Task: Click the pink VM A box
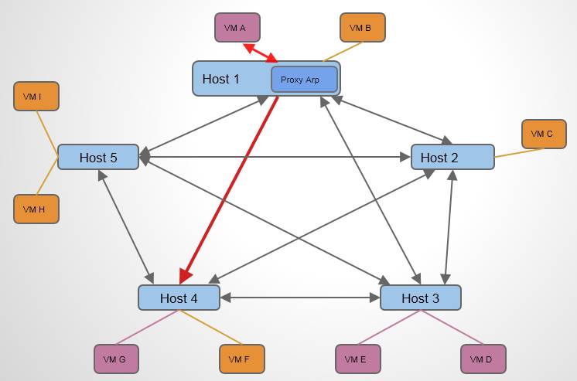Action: pos(237,28)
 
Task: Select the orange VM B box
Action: pos(362,28)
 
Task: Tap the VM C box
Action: pos(544,134)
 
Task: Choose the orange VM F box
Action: pos(241,359)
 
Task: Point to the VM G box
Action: pos(117,359)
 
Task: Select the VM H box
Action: pos(36,209)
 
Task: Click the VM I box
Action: pos(36,97)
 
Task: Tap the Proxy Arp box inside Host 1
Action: pos(304,80)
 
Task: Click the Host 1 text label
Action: pos(221,79)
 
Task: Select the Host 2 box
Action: pos(452,158)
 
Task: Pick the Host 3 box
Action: pos(421,298)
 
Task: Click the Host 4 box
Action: pos(179,298)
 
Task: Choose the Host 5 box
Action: pos(98,158)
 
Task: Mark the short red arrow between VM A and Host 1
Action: pos(260,53)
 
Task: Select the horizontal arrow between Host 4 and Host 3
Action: pos(300,298)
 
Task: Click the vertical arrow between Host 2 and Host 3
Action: pos(448,228)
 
